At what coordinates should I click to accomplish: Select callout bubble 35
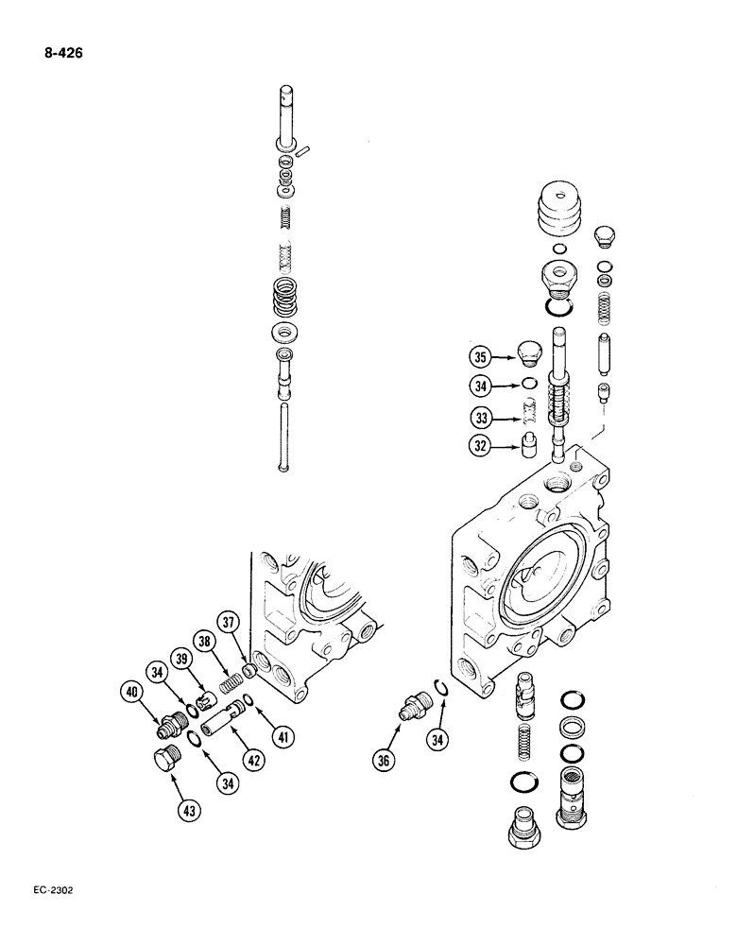[481, 357]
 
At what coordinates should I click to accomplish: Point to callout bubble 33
[481, 417]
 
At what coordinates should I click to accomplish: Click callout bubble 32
[481, 448]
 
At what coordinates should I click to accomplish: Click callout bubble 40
[132, 694]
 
